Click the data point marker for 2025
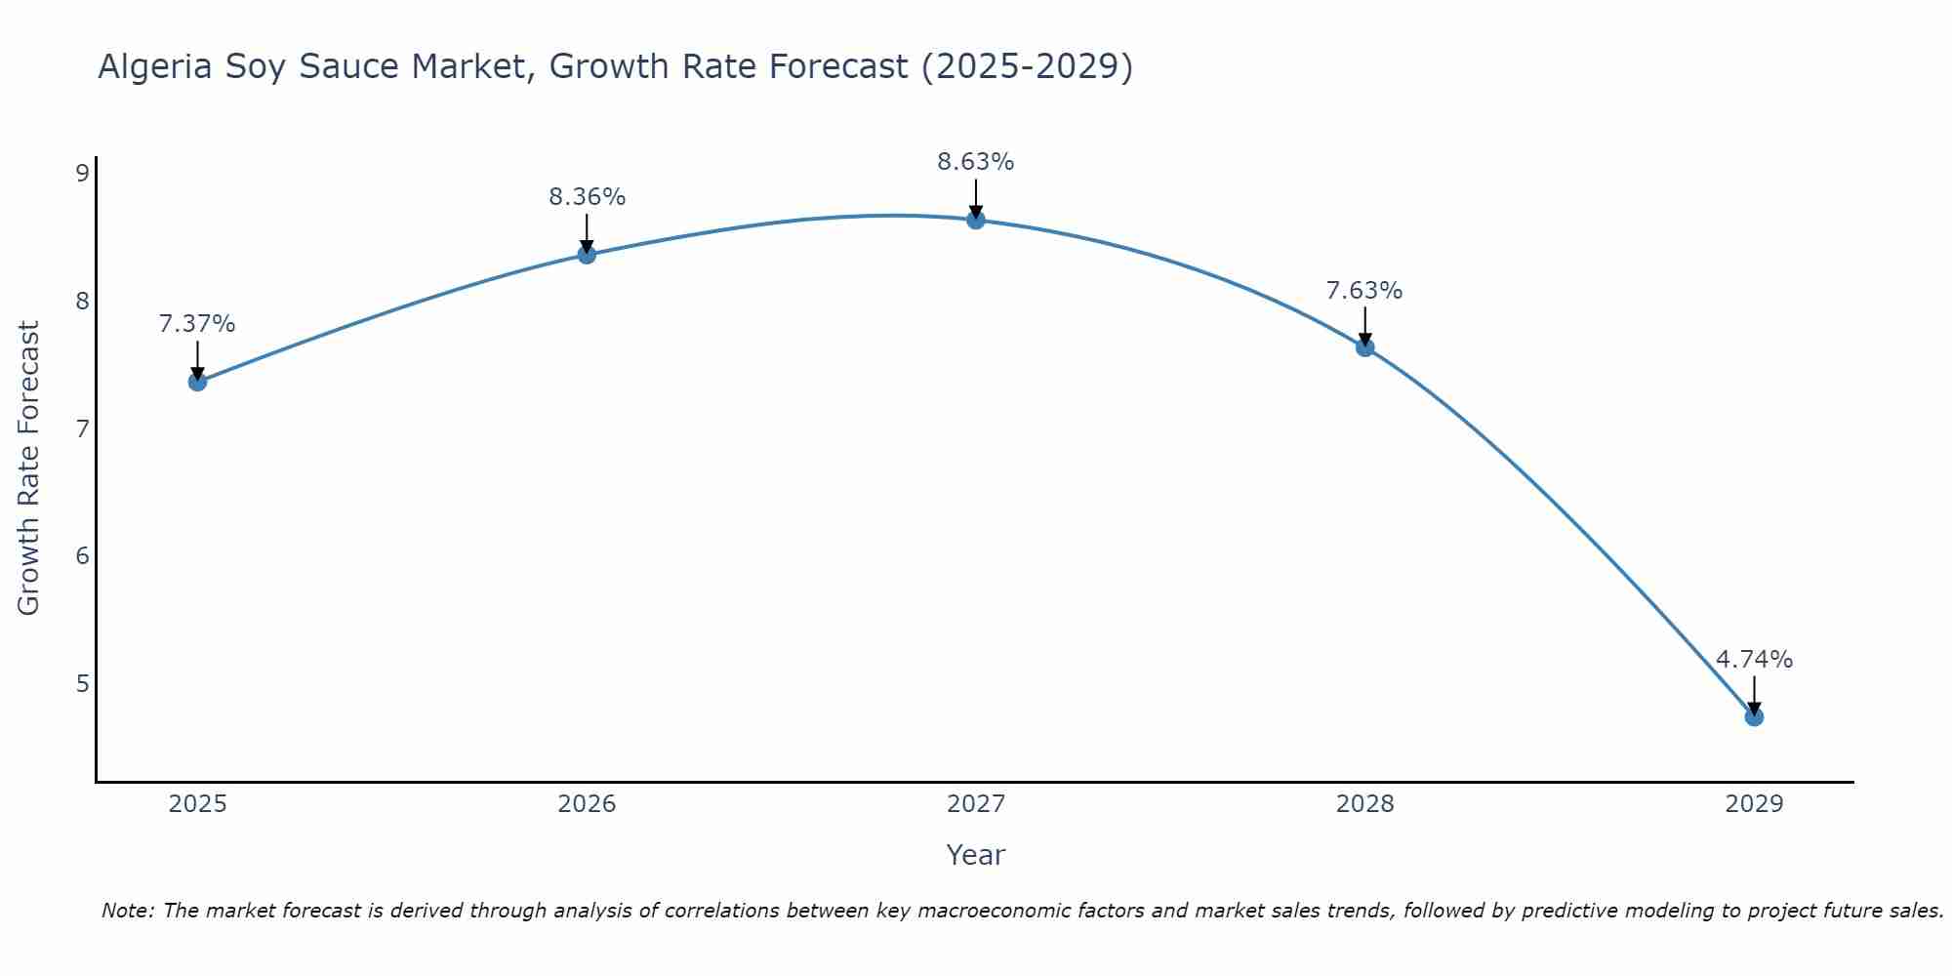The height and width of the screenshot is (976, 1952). click(x=197, y=382)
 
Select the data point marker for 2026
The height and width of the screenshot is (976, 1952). click(x=587, y=255)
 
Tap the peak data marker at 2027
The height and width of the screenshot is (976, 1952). click(x=976, y=220)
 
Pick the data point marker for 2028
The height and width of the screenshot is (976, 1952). click(x=1364, y=346)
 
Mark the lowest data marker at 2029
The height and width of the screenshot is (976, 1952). click(x=1754, y=717)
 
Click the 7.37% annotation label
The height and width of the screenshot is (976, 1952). click(x=197, y=324)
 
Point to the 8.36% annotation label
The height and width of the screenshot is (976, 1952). click(x=587, y=197)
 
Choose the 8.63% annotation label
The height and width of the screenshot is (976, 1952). click(x=976, y=162)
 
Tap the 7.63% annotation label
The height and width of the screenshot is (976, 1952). click(x=1364, y=291)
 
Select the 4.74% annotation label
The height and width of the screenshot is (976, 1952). click(x=1754, y=660)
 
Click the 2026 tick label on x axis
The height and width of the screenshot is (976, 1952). click(x=587, y=804)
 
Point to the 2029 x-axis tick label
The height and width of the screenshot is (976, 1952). click(x=1754, y=804)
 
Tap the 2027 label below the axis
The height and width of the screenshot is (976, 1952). click(x=976, y=804)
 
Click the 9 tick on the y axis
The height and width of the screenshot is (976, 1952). click(x=82, y=174)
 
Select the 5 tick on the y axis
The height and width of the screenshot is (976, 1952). click(x=82, y=683)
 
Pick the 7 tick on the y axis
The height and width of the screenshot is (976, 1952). click(x=82, y=428)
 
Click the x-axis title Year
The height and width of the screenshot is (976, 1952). click(x=976, y=855)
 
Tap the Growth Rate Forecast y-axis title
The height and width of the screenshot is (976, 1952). click(x=29, y=468)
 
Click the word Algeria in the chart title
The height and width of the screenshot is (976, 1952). click(x=155, y=66)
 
